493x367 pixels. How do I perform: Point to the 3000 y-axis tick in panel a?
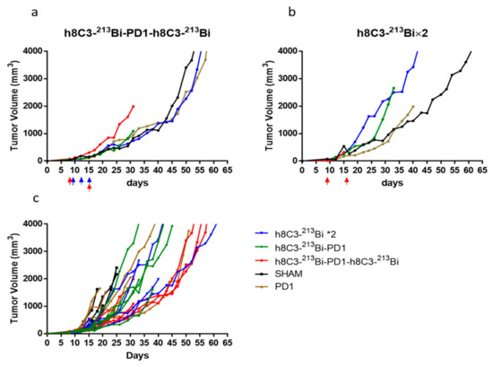(x=32, y=78)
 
